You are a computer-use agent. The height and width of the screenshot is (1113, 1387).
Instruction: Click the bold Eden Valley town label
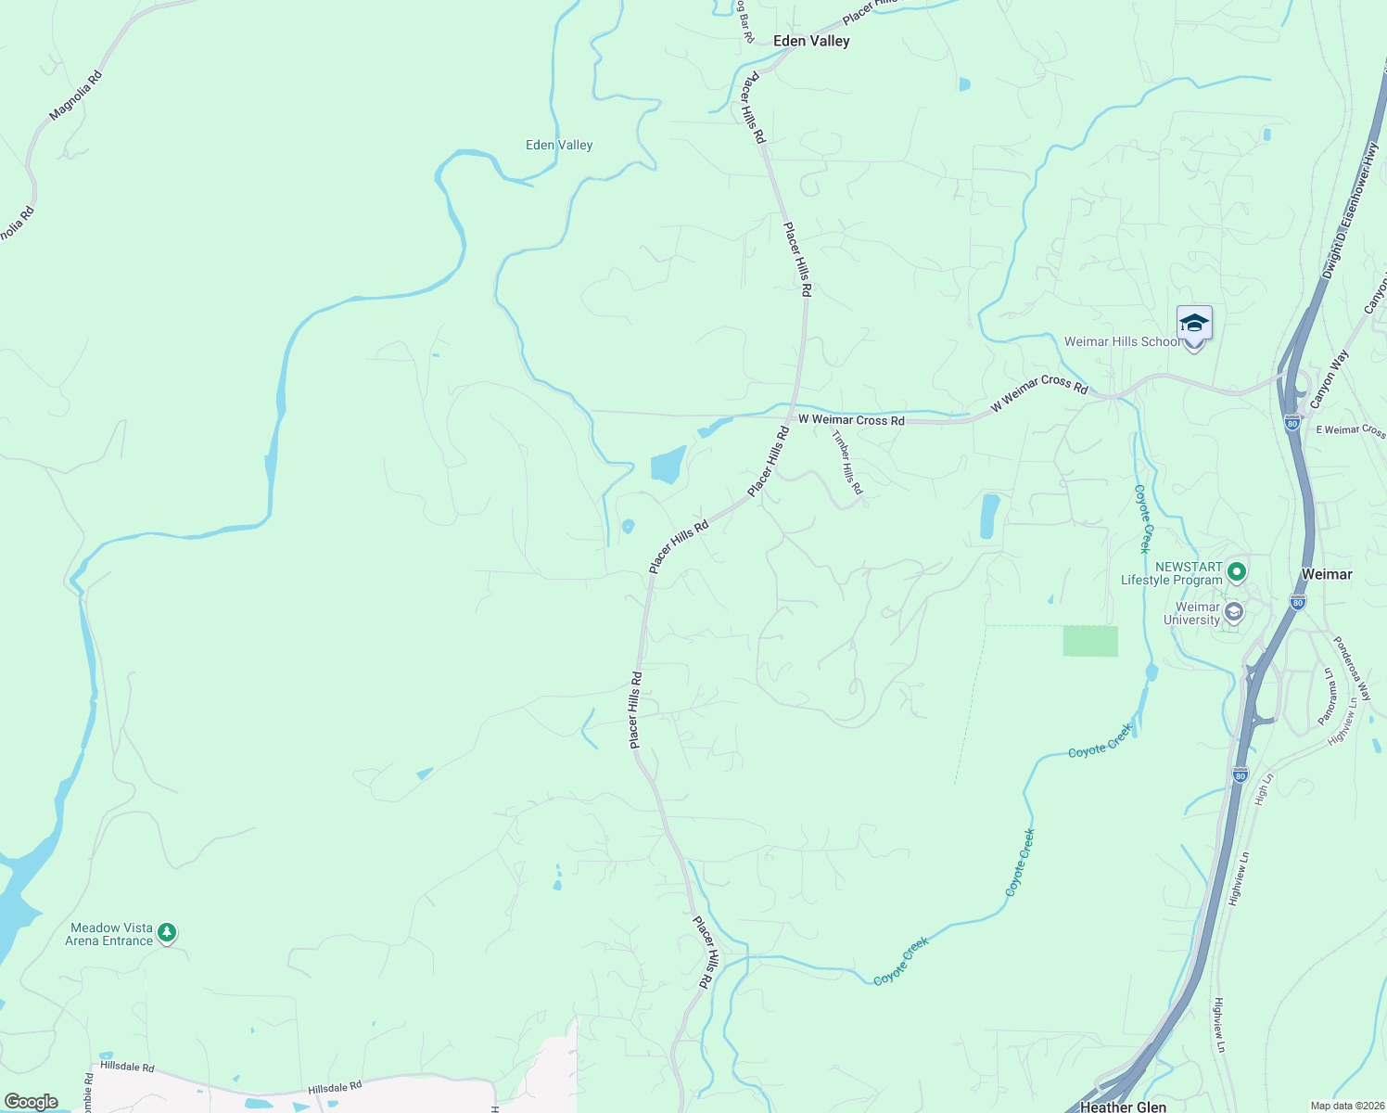click(811, 41)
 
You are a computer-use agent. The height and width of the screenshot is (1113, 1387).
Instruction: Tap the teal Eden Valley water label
click(559, 145)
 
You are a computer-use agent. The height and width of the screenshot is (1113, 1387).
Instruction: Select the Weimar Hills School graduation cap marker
click(1194, 325)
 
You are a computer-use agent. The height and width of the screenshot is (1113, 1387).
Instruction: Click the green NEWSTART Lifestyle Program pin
click(1236, 571)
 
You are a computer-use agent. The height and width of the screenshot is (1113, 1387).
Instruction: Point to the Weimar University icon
click(1233, 612)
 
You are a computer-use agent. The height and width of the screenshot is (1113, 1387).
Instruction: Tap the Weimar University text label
click(1192, 614)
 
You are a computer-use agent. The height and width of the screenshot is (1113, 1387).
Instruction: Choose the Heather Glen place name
click(1123, 1107)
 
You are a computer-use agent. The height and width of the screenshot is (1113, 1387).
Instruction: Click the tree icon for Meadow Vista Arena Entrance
click(167, 932)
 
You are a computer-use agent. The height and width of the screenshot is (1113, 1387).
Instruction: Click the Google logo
click(31, 1102)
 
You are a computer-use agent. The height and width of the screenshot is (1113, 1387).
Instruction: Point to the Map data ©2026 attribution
click(1346, 1106)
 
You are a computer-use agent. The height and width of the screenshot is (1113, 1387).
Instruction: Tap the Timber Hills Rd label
click(846, 462)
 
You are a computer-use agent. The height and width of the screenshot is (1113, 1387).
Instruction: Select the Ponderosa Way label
click(1351, 667)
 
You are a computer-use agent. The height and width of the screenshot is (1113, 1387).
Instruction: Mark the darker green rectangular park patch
click(1090, 641)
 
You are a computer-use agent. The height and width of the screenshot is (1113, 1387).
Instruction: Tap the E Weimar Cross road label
click(1350, 430)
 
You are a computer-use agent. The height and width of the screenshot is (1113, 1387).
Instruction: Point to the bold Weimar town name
click(1327, 574)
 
